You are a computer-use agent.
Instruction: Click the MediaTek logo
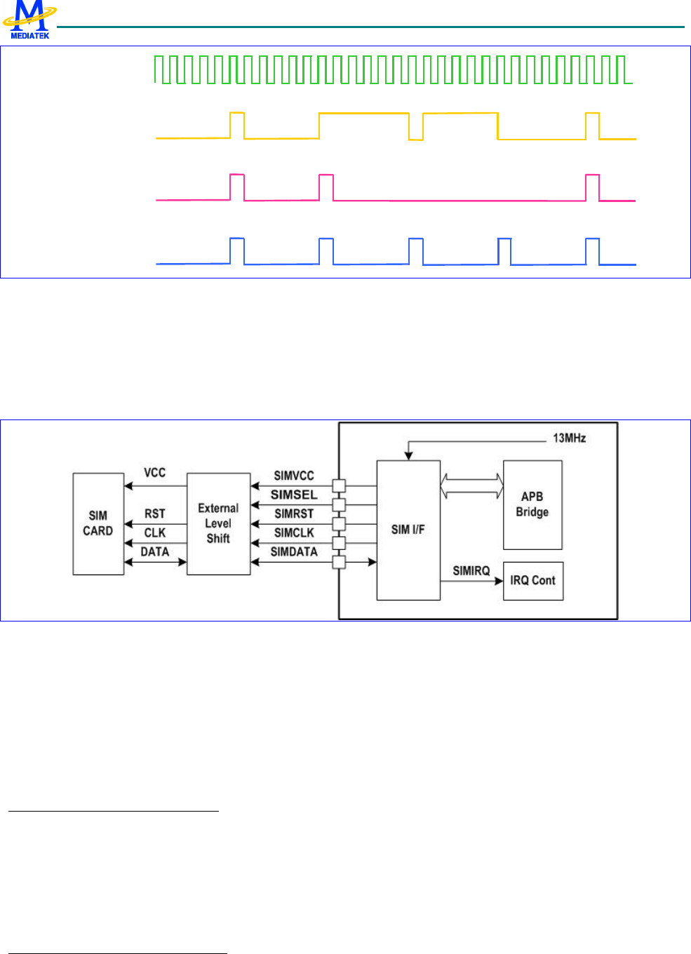(x=29, y=20)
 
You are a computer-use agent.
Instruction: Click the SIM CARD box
(x=98, y=524)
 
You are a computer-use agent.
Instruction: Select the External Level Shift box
(x=218, y=524)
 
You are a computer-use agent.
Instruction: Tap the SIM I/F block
(x=408, y=530)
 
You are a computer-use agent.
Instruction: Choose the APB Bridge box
(x=532, y=504)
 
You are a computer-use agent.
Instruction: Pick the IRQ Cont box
(x=533, y=581)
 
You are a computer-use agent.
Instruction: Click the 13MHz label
(x=569, y=438)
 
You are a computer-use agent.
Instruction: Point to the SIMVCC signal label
(x=294, y=476)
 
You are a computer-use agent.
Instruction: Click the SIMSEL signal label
(x=294, y=495)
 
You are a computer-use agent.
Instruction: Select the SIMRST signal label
(x=294, y=513)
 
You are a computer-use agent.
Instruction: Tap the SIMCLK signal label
(x=294, y=533)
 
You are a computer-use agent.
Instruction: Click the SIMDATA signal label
(x=294, y=552)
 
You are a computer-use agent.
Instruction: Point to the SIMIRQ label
(x=471, y=571)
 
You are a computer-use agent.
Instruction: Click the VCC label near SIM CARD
(x=154, y=473)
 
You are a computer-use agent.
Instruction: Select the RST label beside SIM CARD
(x=154, y=514)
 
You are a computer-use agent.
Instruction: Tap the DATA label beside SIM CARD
(x=154, y=552)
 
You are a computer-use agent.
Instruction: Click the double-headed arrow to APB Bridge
(x=471, y=485)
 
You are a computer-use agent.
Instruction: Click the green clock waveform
(x=393, y=69)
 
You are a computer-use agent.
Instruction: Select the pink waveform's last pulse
(x=592, y=187)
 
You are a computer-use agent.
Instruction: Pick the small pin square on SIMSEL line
(x=339, y=504)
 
